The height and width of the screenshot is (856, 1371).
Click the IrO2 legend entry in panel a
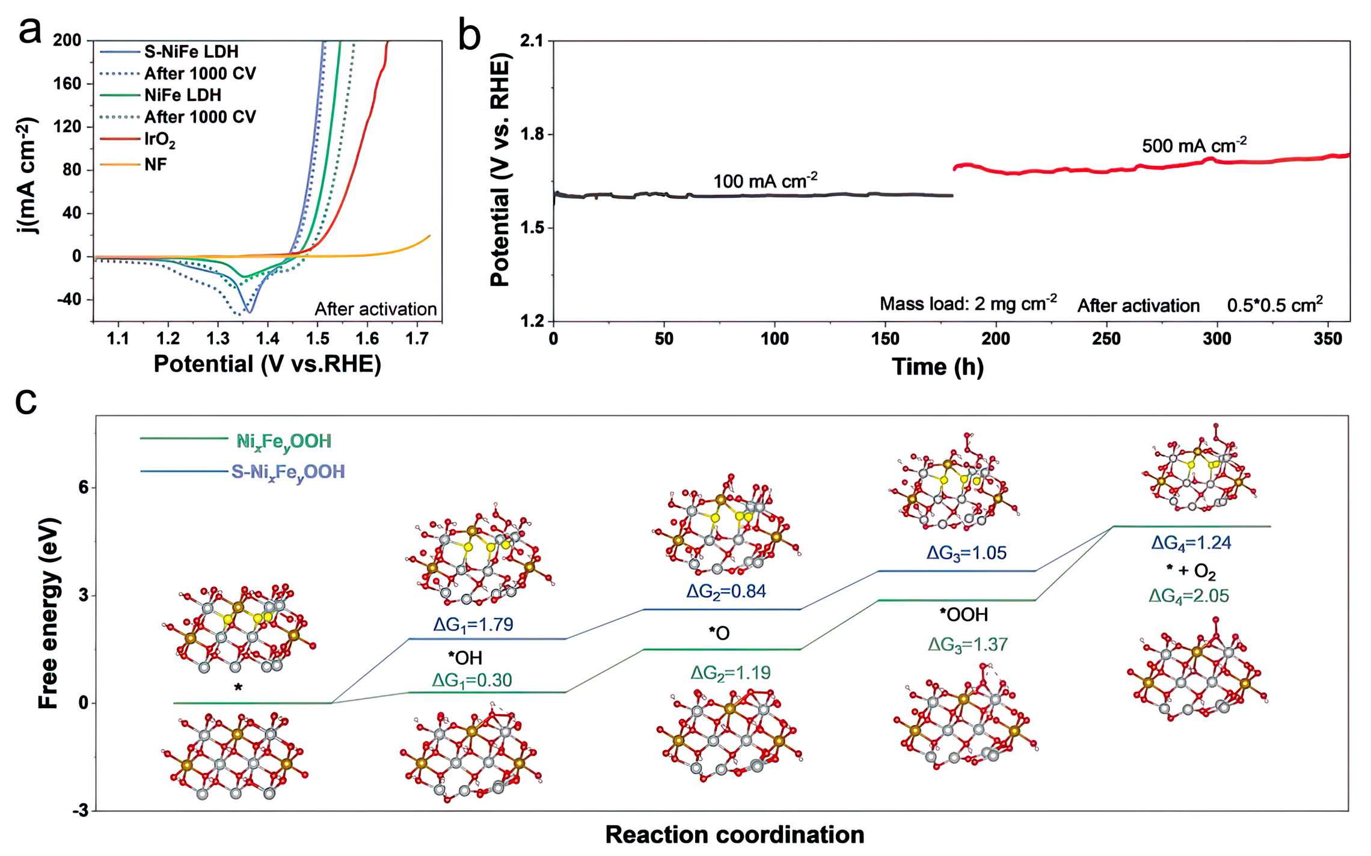tap(159, 140)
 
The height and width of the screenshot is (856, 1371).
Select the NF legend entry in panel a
tap(155, 165)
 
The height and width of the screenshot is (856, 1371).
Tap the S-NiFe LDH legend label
tap(191, 52)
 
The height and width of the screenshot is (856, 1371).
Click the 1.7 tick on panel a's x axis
tap(417, 339)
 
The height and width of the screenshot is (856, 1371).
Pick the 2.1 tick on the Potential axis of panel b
tap(531, 41)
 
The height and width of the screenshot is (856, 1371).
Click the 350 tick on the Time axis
tap(1328, 339)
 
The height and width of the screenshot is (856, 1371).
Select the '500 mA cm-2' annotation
tap(1194, 145)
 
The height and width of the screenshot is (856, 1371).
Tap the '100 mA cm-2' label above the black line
tap(765, 180)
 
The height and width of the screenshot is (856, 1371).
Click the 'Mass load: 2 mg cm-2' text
tap(968, 304)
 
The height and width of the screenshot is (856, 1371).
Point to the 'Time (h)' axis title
tap(937, 367)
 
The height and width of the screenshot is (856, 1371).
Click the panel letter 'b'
tap(470, 35)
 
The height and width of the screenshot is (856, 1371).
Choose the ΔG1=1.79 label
tap(473, 625)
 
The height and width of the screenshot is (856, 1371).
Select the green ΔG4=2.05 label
tap(1188, 596)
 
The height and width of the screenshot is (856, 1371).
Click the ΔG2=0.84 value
tap(726, 592)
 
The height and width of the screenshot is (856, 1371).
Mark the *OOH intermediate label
tap(964, 614)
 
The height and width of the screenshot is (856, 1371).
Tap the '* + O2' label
tap(1191, 571)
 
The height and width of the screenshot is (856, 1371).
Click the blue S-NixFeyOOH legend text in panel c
tap(288, 472)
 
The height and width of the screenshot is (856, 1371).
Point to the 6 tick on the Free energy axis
tap(83, 487)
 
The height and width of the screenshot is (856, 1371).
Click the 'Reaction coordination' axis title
tap(734, 835)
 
